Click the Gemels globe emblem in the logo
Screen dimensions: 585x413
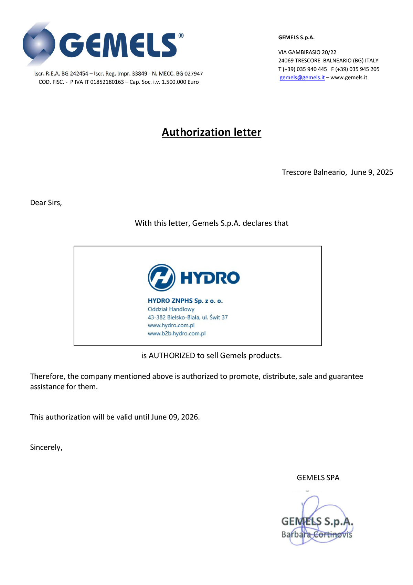[39, 44]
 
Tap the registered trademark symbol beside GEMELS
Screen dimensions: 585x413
[181, 36]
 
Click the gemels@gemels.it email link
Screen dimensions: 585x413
[302, 78]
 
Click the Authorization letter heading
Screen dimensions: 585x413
[211, 132]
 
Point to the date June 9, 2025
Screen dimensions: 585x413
[372, 172]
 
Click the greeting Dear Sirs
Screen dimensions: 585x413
[46, 203]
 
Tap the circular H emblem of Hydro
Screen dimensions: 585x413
[161, 278]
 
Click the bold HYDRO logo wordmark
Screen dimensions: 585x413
[210, 278]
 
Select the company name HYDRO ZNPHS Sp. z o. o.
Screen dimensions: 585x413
[185, 301]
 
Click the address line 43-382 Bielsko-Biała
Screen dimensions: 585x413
[188, 317]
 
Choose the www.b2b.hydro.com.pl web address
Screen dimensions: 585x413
[177, 333]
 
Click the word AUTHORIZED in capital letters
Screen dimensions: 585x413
[172, 356]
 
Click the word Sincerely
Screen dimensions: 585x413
[46, 447]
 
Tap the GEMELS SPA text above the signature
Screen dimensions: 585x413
[318, 478]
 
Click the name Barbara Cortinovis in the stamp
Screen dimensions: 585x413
[317, 535]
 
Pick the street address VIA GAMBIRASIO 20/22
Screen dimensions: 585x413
[307, 52]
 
